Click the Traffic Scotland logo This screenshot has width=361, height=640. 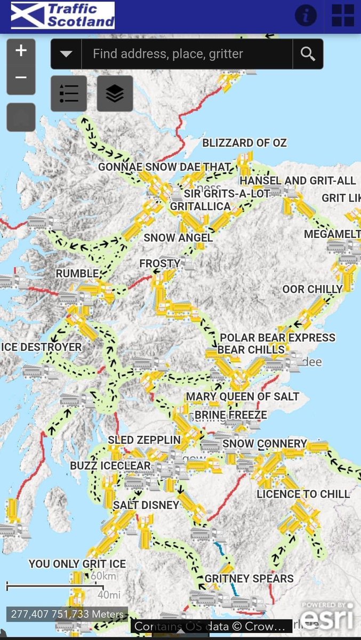pos(63,15)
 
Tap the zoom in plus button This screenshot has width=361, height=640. pos(21,51)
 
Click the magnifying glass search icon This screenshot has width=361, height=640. pos(308,53)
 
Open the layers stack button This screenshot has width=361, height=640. pos(115,94)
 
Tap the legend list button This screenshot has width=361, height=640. pos(69,94)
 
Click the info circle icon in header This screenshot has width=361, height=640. pos(306,15)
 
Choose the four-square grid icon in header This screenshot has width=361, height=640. pos(343,15)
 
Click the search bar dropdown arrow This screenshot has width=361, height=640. pos(66,53)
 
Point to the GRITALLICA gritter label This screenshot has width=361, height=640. pos(200,206)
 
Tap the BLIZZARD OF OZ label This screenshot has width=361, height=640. pos(244,143)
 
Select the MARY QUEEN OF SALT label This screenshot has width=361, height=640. pos(242,397)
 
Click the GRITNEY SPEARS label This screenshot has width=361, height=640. pos(249,579)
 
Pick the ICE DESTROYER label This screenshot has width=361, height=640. pos(43,347)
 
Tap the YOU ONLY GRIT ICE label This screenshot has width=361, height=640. pos(77,564)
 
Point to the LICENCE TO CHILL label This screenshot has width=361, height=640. pos(303,494)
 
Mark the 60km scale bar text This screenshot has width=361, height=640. pos(102,576)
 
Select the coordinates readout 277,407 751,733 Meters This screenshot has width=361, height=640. pos(67,614)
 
